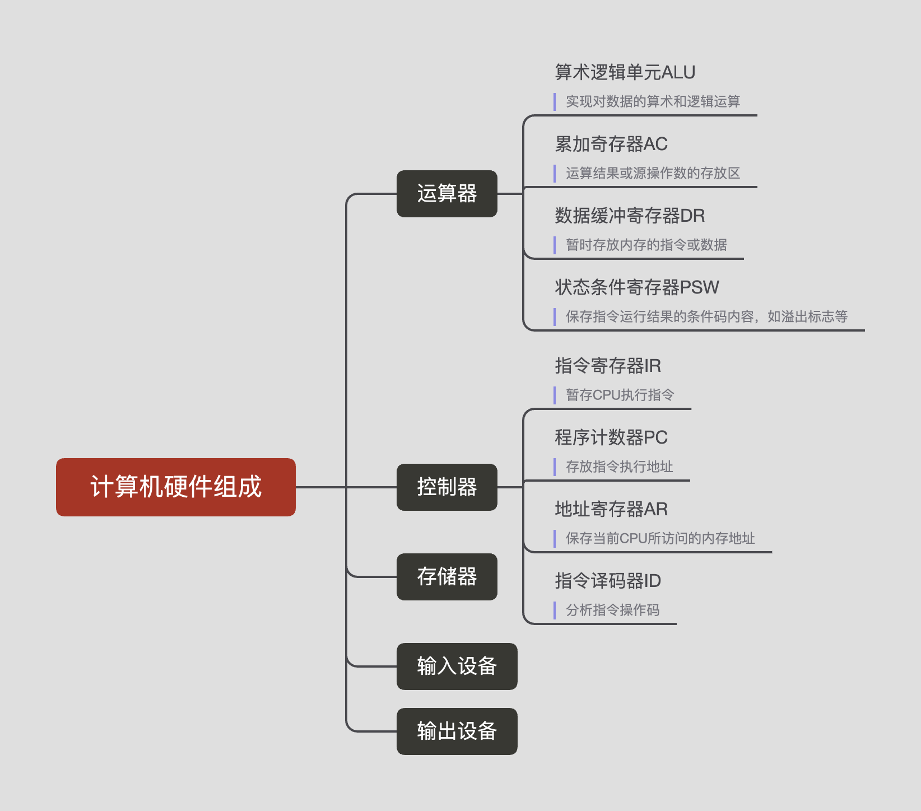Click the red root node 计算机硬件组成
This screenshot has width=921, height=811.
[x=175, y=487]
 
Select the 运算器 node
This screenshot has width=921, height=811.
[x=446, y=194]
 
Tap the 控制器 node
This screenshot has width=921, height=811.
[x=446, y=487]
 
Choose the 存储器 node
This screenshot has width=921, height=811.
[x=446, y=577]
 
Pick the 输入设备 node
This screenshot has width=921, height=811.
[x=457, y=666]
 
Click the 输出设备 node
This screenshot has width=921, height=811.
[x=457, y=731]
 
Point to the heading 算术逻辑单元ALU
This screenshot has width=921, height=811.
[x=625, y=72]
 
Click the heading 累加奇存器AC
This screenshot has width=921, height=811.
[x=611, y=144]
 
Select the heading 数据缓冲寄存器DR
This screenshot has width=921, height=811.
[x=630, y=216]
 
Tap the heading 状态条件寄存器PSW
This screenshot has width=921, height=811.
[x=636, y=287]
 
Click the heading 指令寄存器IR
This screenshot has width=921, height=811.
[x=608, y=366]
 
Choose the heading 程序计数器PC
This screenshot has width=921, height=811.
[x=611, y=437]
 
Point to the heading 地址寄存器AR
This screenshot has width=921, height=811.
[x=611, y=509]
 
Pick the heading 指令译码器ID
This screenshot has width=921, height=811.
[x=608, y=581]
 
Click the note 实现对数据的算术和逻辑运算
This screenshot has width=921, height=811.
[x=653, y=101]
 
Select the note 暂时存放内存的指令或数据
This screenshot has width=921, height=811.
[x=646, y=245]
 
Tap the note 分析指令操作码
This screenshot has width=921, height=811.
[x=612, y=610]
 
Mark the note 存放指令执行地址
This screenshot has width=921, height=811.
[x=619, y=467]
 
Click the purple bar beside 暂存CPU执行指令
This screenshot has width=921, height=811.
[x=555, y=395]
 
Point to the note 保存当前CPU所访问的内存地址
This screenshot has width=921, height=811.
[x=660, y=538]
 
